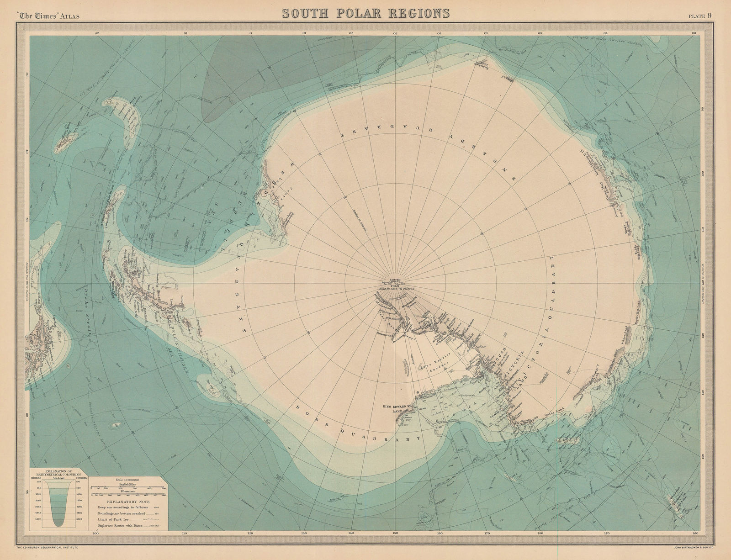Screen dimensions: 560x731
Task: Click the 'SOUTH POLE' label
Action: click(x=394, y=281)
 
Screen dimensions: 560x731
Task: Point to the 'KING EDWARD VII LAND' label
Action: click(x=400, y=408)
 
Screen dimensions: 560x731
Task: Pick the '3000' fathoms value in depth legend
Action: click(x=79, y=519)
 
